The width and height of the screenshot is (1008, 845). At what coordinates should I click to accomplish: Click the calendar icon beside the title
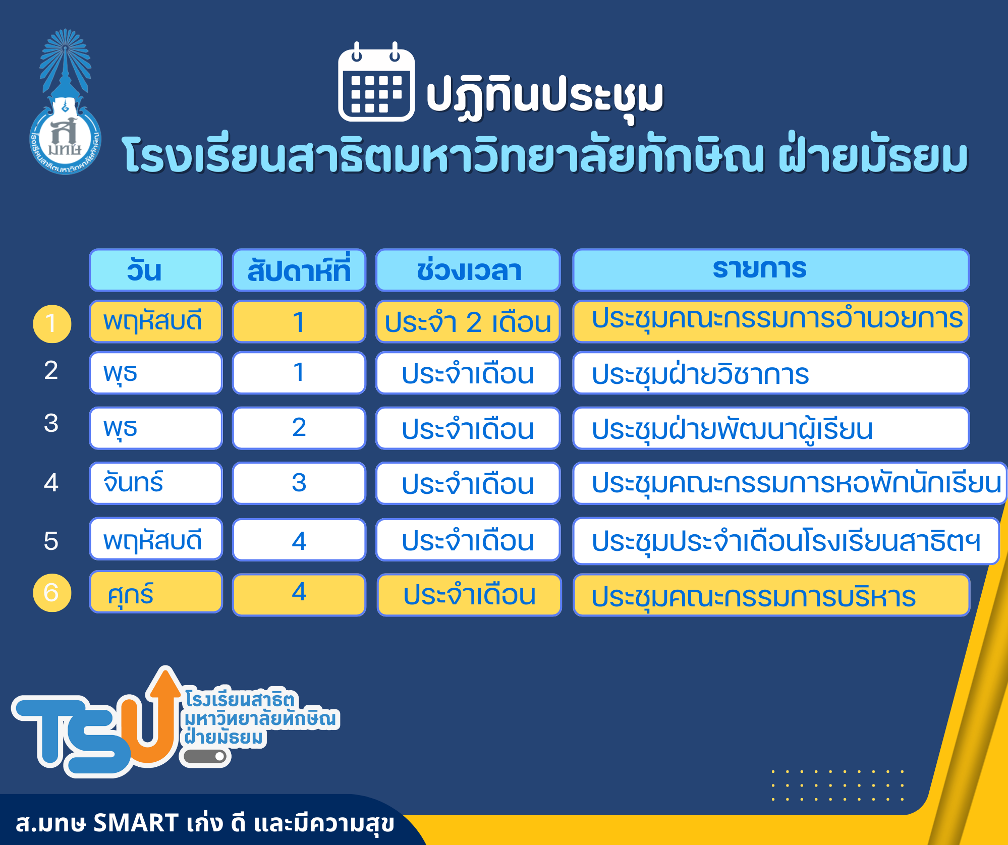[376, 82]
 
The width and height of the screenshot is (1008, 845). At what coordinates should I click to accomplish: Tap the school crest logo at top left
[66, 102]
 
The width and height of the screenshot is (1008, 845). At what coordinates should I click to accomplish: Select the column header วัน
[156, 270]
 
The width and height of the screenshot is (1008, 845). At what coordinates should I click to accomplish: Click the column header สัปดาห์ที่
[299, 270]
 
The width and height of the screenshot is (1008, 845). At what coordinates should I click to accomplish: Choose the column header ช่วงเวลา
[468, 270]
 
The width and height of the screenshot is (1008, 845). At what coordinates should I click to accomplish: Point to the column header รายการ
[771, 270]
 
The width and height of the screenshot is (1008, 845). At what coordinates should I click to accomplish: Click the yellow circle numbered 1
[52, 324]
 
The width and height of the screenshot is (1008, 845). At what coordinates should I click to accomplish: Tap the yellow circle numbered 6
[52, 593]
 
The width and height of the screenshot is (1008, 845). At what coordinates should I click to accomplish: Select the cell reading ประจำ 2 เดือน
[468, 321]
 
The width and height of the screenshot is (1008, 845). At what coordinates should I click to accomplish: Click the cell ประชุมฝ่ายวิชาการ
[771, 373]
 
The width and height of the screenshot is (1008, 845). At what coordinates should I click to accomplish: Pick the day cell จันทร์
[156, 483]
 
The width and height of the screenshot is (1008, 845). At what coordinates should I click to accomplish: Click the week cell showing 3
[299, 483]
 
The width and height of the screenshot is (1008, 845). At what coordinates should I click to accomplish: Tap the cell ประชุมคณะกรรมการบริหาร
[771, 595]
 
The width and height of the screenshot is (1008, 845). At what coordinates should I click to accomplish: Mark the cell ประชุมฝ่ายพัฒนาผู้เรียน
[771, 428]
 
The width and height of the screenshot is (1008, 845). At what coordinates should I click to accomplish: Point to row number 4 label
[51, 483]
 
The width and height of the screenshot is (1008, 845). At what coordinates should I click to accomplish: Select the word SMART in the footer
[136, 823]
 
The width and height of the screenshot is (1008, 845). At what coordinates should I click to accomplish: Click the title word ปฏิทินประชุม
[545, 96]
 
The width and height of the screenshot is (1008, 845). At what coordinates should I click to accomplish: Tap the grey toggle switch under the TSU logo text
[204, 756]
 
